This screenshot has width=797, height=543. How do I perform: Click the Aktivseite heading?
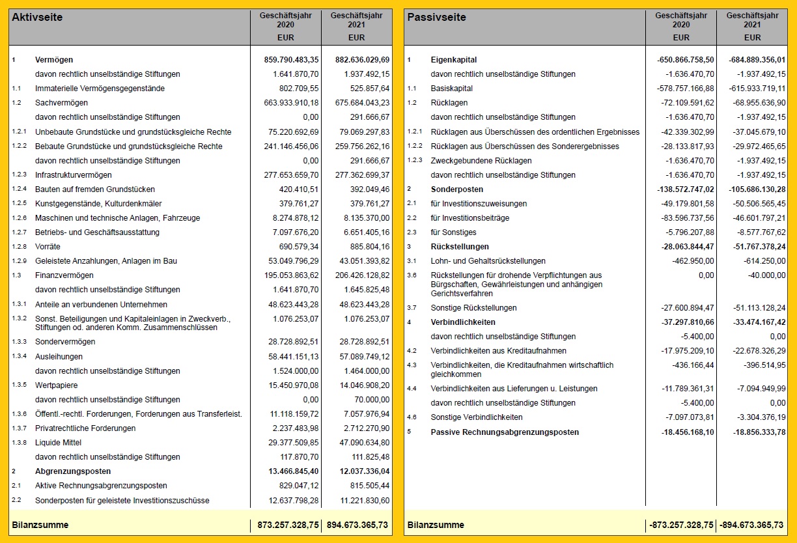[x=37, y=18]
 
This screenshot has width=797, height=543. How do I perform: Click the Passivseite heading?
[x=436, y=18]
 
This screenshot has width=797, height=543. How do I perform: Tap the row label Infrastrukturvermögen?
[x=73, y=175]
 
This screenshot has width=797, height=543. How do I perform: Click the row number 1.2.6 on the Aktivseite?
[x=20, y=218]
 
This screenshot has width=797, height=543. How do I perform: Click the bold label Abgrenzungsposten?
[x=73, y=471]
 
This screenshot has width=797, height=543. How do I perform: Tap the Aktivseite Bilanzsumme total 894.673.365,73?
[x=357, y=525]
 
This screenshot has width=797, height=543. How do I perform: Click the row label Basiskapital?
[x=452, y=89]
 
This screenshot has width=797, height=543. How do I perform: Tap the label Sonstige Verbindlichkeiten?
[x=477, y=417]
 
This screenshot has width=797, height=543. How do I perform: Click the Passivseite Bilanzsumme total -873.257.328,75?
[x=680, y=525]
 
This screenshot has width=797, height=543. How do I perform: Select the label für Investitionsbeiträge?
[x=469, y=218]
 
